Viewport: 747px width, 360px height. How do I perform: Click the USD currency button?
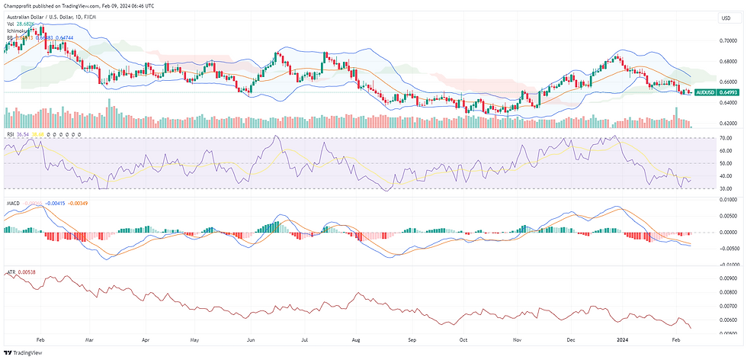point(724,18)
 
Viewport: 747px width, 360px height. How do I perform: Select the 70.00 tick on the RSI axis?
point(726,138)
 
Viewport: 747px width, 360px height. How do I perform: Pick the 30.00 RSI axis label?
point(726,188)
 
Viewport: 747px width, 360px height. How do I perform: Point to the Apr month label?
point(145,338)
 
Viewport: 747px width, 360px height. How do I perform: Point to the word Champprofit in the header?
point(19,5)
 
